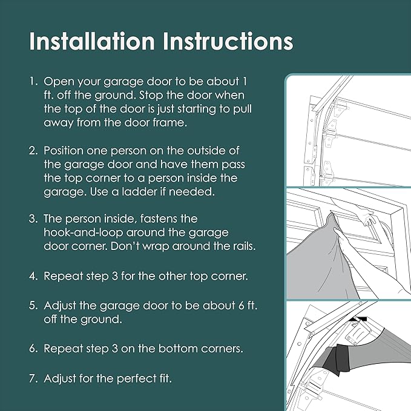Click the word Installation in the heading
point(92,41)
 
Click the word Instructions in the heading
point(228,41)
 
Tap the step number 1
point(33,81)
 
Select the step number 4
point(33,276)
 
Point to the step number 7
point(33,378)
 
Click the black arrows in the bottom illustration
point(358,319)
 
